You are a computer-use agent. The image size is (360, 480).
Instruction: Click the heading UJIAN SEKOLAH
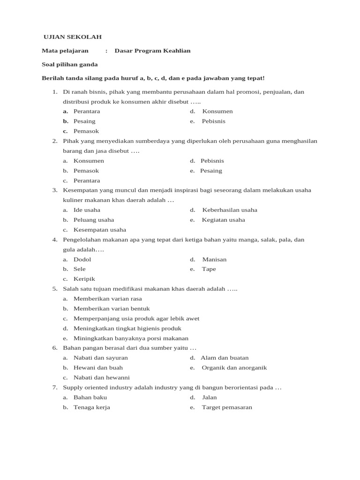(x=72, y=37)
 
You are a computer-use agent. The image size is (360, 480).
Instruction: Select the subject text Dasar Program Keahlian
(x=152, y=51)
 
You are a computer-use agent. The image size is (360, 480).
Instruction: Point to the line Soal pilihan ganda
(x=69, y=64)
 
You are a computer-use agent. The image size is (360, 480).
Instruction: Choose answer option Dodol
(x=82, y=259)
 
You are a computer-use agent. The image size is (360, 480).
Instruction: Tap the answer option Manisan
(x=214, y=259)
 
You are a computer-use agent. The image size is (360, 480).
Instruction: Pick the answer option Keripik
(x=84, y=279)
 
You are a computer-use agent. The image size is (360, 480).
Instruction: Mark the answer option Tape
(x=209, y=269)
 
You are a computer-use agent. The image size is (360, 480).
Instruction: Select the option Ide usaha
(x=87, y=210)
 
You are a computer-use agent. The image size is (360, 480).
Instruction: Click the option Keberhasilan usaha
(x=229, y=210)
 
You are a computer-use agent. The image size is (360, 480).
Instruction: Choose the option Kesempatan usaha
(x=99, y=230)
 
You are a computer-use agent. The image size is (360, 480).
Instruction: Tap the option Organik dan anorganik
(x=234, y=367)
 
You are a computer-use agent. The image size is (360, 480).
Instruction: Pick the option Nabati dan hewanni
(x=101, y=377)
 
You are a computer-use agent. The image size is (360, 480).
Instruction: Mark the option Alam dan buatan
(x=225, y=358)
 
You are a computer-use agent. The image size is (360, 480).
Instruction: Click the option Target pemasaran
(x=227, y=407)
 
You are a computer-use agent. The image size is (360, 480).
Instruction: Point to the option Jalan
(x=209, y=397)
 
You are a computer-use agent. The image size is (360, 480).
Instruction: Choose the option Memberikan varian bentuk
(x=112, y=308)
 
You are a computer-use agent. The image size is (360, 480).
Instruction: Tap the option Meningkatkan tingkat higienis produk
(x=127, y=328)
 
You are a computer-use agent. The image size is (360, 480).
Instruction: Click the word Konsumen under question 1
(x=217, y=111)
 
